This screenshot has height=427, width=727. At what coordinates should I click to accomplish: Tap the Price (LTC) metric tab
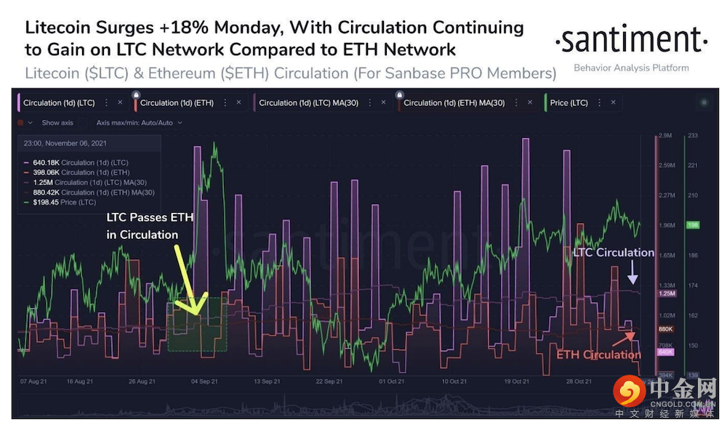click(569, 103)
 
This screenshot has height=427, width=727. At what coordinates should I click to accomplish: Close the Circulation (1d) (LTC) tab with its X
click(119, 103)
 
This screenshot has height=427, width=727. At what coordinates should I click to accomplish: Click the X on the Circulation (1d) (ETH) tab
click(238, 103)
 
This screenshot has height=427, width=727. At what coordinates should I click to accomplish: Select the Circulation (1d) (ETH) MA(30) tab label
click(454, 103)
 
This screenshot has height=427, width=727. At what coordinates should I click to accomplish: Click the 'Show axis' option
click(56, 123)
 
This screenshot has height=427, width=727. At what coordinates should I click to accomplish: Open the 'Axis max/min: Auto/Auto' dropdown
click(139, 123)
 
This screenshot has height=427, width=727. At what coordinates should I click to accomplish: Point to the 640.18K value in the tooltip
click(45, 162)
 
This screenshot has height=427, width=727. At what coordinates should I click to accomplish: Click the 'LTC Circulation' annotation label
click(613, 253)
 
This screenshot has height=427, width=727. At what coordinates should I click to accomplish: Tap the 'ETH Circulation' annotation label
click(598, 354)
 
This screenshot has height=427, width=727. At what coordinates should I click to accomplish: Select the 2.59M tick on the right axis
click(666, 166)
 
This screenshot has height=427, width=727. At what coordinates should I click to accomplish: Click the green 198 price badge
click(693, 226)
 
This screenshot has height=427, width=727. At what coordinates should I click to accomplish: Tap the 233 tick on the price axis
click(692, 136)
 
